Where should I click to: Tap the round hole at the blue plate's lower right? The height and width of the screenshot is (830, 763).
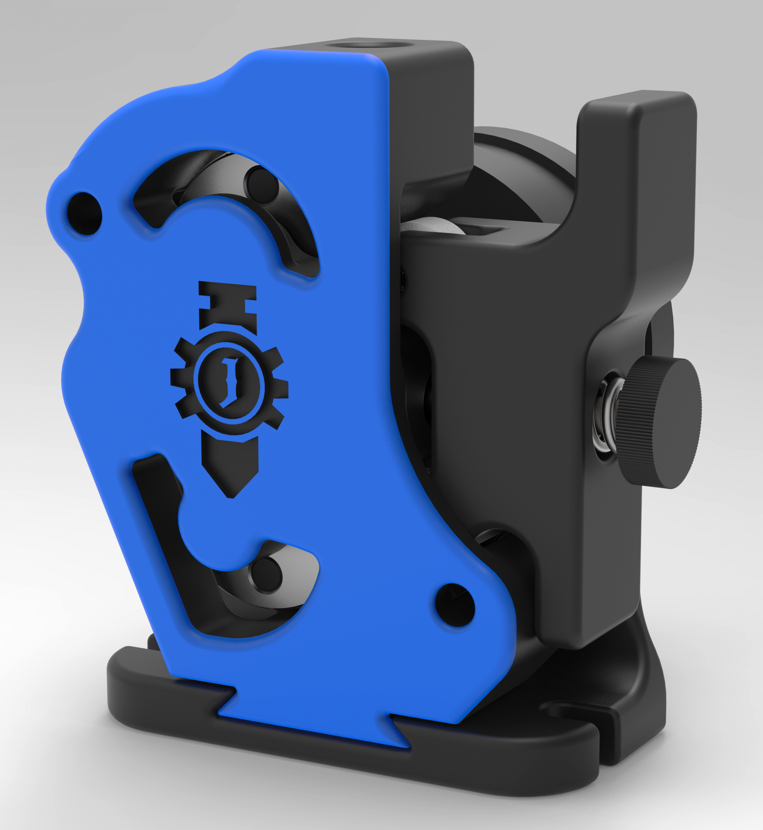[x=454, y=605]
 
